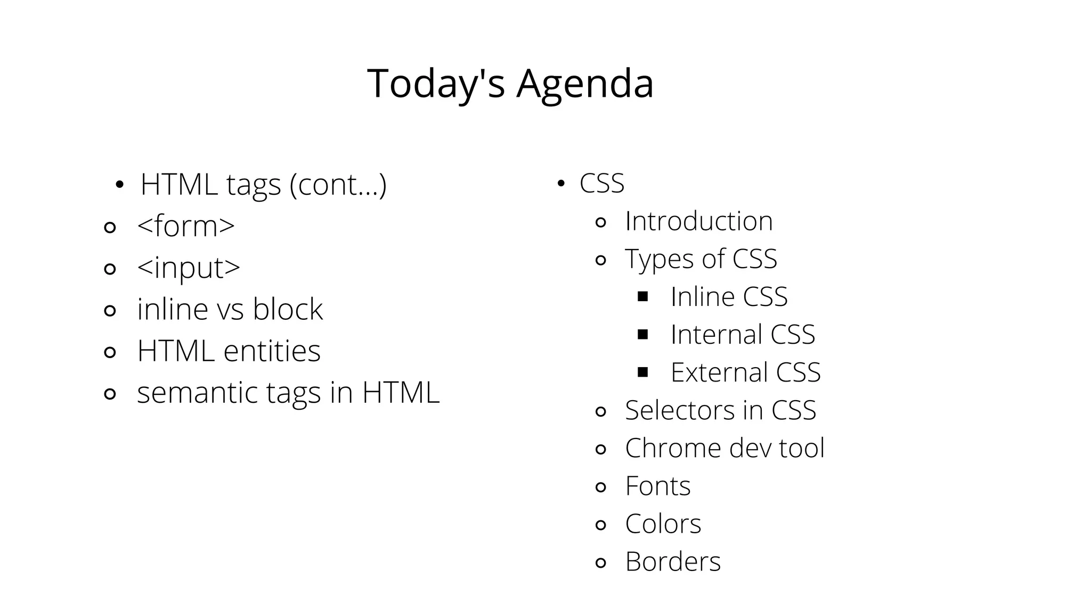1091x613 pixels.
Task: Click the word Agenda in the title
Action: click(x=584, y=84)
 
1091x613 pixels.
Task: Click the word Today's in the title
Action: click(x=436, y=84)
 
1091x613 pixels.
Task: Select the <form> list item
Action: click(x=185, y=226)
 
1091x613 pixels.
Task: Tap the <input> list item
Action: click(x=188, y=268)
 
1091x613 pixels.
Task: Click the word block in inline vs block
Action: click(x=288, y=309)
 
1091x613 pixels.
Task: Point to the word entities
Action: click(x=272, y=351)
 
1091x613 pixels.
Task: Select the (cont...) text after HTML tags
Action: click(x=338, y=185)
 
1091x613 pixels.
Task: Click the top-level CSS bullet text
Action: click(x=601, y=184)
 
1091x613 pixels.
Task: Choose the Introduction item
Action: click(x=698, y=221)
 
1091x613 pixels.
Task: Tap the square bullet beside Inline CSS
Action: click(x=642, y=296)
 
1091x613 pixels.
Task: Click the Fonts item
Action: click(x=657, y=486)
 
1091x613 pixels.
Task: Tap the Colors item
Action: click(x=663, y=524)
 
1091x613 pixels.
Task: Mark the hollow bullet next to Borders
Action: click(x=600, y=562)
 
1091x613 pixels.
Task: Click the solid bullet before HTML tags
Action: click(x=119, y=185)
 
